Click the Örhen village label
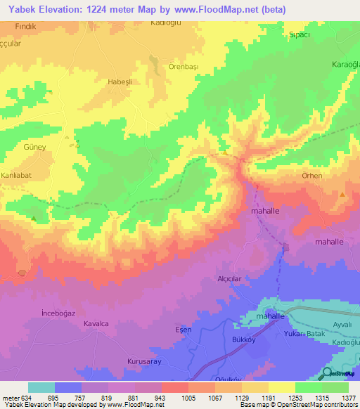[311, 175]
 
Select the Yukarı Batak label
[304, 334]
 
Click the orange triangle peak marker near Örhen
[342, 195]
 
